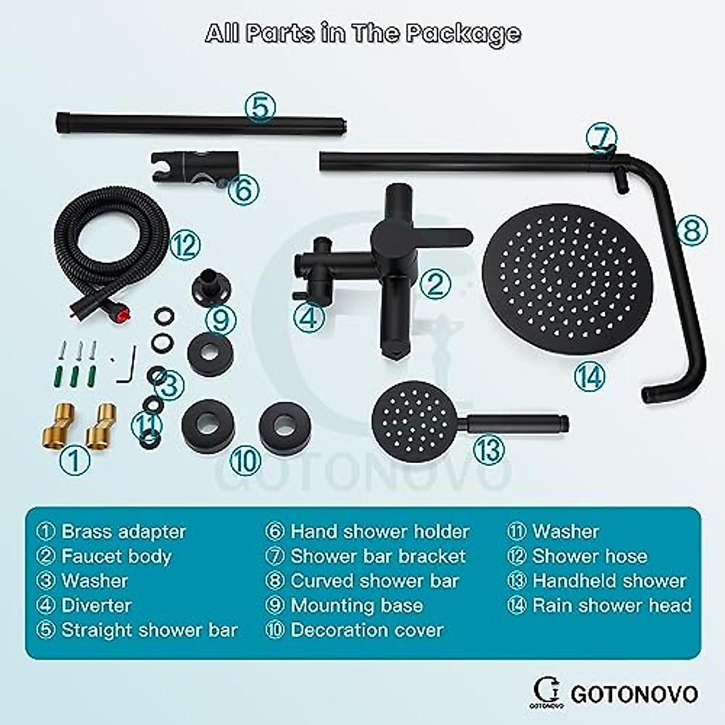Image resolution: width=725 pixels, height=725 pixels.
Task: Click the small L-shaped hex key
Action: pyautogui.click(x=128, y=369)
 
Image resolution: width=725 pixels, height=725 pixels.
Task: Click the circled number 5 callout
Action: pyautogui.click(x=260, y=108)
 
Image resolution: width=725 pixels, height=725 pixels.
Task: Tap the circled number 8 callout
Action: pyautogui.click(x=691, y=230)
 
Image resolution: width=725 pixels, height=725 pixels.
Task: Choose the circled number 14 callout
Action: pyautogui.click(x=589, y=378)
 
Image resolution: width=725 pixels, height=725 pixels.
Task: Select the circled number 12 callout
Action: pyautogui.click(x=184, y=245)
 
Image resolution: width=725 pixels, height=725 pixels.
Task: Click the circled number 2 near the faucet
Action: pyautogui.click(x=436, y=285)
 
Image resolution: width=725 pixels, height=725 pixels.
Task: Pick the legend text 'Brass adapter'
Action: pyautogui.click(x=124, y=532)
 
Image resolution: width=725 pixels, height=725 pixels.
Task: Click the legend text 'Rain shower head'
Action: pyautogui.click(x=611, y=605)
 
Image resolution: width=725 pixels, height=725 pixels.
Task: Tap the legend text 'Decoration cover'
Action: pyautogui.click(x=367, y=630)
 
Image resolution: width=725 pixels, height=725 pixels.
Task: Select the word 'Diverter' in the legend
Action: pyautogui.click(x=97, y=605)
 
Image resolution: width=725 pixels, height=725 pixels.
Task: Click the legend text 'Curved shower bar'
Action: pyautogui.click(x=375, y=581)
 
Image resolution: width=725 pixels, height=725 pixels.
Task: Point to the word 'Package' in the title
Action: pyautogui.click(x=463, y=33)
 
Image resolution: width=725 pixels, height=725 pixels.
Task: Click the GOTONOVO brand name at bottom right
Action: pyautogui.click(x=634, y=694)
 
